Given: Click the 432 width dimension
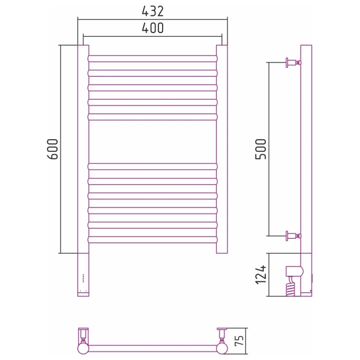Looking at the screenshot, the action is click(152, 11).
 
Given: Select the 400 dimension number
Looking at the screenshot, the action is click(152, 28).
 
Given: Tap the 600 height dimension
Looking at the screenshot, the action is click(53, 149).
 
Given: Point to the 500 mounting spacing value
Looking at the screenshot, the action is click(260, 149).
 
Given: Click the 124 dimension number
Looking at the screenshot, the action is click(261, 275).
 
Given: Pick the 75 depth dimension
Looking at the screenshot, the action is click(239, 341).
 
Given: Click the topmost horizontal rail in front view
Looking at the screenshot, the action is click(152, 59).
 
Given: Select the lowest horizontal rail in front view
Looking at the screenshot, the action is click(152, 239).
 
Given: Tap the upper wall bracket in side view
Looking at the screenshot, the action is click(293, 62).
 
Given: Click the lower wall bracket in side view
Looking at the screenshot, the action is click(293, 236).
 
